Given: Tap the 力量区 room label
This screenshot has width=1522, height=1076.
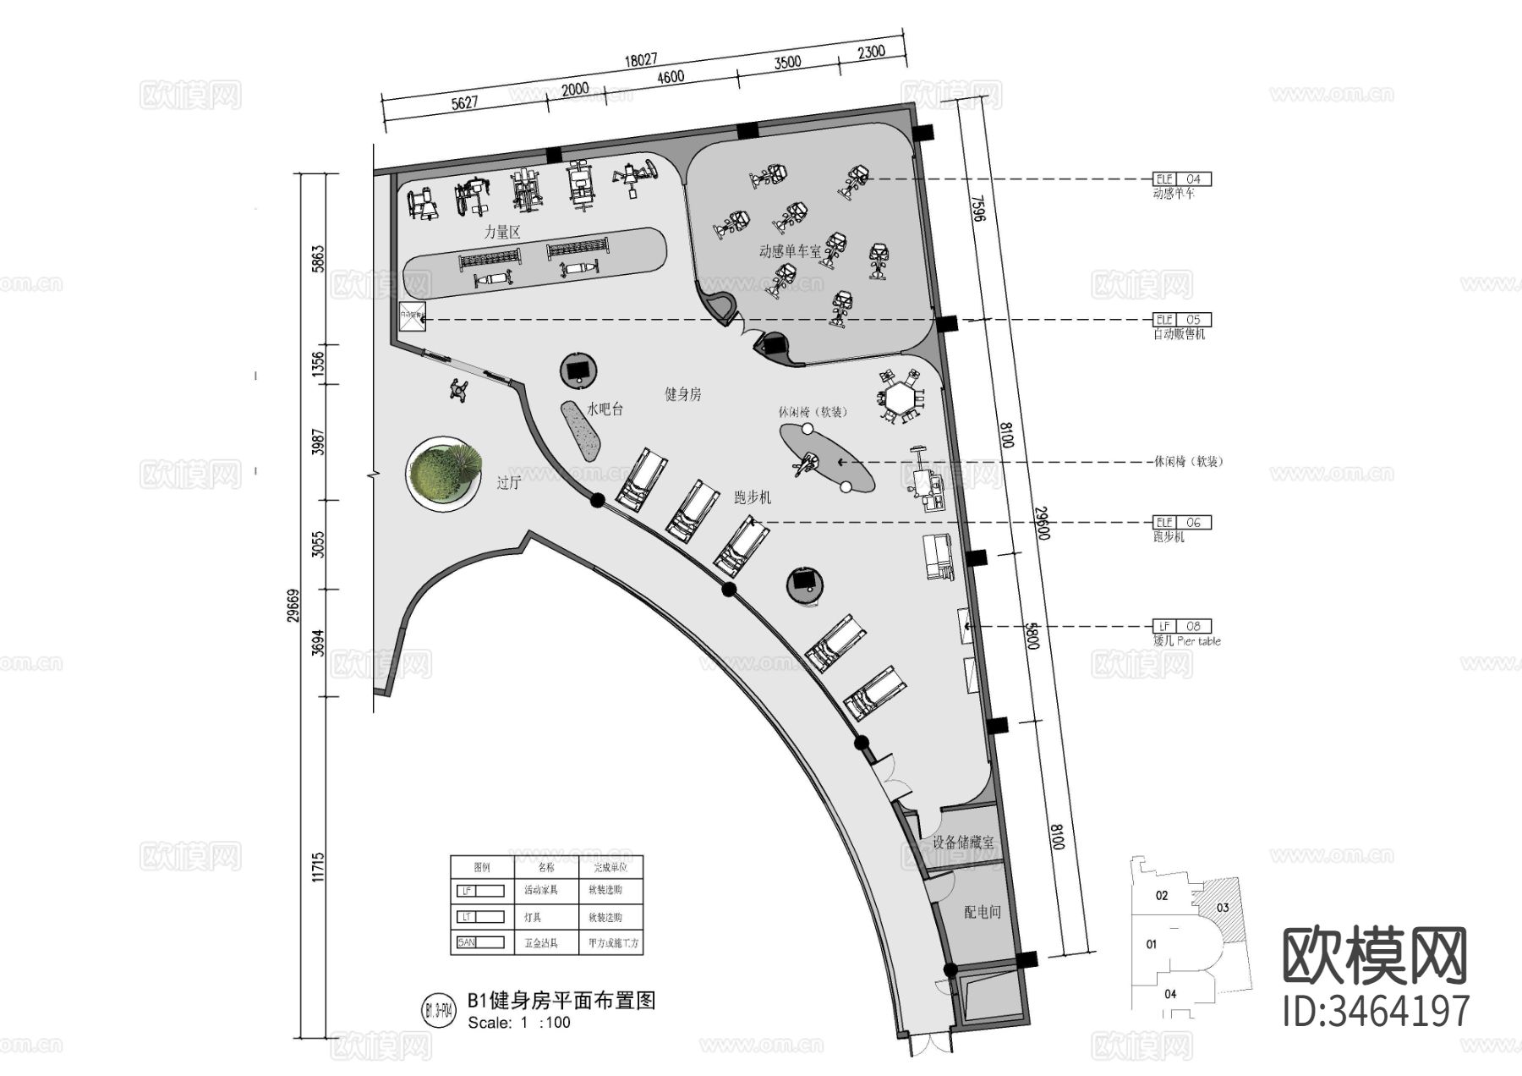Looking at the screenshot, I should pyautogui.click(x=501, y=232).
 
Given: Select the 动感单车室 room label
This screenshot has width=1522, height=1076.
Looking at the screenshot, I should pyautogui.click(x=790, y=251).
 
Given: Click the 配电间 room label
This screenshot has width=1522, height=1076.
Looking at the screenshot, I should pyautogui.click(x=983, y=912).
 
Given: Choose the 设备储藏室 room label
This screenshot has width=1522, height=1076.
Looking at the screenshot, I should pyautogui.click(x=963, y=843).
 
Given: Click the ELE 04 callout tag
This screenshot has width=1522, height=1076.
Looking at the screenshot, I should pyautogui.click(x=1182, y=179).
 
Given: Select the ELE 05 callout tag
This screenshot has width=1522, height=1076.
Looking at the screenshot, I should pyautogui.click(x=1182, y=320).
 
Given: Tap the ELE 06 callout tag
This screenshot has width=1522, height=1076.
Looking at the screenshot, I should pyautogui.click(x=1182, y=523).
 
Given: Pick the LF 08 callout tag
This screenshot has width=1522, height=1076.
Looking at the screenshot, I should pyautogui.click(x=1182, y=627).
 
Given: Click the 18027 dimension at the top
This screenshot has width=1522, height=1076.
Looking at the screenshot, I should pyautogui.click(x=640, y=60).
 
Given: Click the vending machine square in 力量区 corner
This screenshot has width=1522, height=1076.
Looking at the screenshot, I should pyautogui.click(x=412, y=316).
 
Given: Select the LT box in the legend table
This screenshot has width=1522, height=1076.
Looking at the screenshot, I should pyautogui.click(x=480, y=917).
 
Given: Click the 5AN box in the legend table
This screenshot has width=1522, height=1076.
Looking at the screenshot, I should pyautogui.click(x=480, y=942).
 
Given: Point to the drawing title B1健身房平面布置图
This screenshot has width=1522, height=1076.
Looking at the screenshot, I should pyautogui.click(x=561, y=1001).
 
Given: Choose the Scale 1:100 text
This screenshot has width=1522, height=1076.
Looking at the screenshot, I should pyautogui.click(x=519, y=1022).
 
